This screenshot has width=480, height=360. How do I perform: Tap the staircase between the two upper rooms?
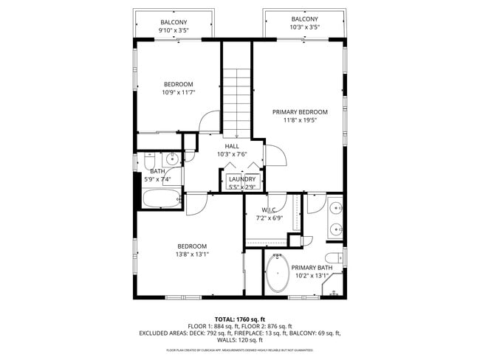(x=237, y=100)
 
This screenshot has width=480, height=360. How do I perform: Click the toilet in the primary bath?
(x=335, y=257)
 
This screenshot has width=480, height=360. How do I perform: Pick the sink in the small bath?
(x=172, y=158)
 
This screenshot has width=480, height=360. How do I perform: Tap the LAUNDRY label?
(x=242, y=179)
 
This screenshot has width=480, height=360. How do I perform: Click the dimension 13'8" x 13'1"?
(x=191, y=255)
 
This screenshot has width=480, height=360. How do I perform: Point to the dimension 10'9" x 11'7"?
(x=178, y=93)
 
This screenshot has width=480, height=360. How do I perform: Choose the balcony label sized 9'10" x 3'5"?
(x=174, y=22)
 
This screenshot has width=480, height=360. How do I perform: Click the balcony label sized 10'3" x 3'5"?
(x=304, y=19)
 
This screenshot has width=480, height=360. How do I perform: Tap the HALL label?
(x=231, y=146)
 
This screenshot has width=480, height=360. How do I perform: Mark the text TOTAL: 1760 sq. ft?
(x=239, y=318)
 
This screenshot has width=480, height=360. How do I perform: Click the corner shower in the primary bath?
(x=335, y=285)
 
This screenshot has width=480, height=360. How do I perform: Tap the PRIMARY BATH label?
(x=311, y=268)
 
